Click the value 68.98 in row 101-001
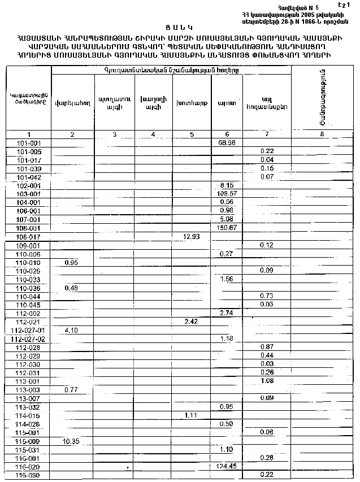(226, 144)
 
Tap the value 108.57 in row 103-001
(226, 193)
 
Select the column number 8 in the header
(322, 134)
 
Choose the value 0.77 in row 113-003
(71, 390)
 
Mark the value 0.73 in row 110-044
(267, 296)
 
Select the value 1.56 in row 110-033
(226, 279)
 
